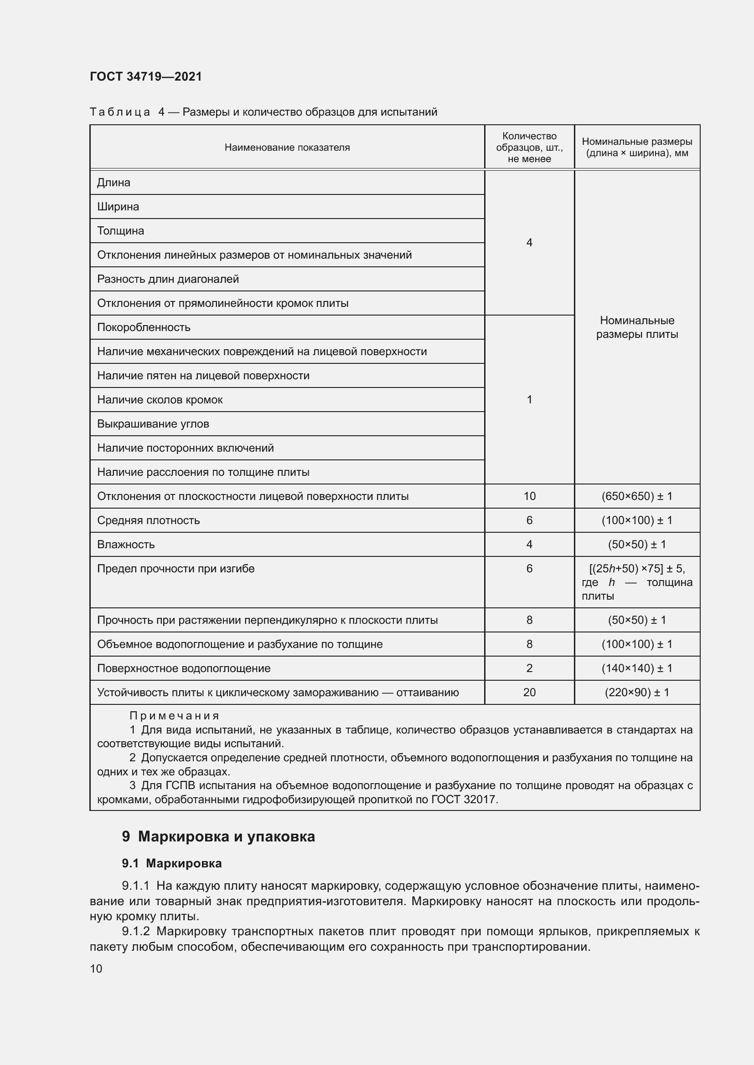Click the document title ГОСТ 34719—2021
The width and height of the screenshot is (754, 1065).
pos(146,76)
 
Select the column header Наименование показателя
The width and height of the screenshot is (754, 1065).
pos(287,148)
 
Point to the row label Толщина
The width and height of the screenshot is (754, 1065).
pos(121,231)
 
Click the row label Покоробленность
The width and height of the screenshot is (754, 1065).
pos(144,327)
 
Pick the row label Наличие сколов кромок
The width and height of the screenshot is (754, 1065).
pos(160,400)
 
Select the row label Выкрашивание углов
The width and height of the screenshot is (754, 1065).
pos(153,424)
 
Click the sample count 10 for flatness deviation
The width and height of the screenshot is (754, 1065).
pos(529,496)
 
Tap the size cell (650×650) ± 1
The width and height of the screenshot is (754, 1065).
pos(636,496)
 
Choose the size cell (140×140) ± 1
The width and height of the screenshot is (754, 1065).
pos(636,668)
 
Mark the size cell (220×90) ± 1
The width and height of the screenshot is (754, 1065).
pos(636,693)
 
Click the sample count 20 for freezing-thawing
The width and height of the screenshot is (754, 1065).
pos(529,693)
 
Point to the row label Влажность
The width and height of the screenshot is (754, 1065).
pos(126,545)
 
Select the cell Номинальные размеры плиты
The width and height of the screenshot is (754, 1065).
pos(636,327)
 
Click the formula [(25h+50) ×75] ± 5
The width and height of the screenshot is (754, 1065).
pos(636,569)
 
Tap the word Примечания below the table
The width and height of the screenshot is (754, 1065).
pos(174,716)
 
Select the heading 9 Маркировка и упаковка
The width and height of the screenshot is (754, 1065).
pos(218,837)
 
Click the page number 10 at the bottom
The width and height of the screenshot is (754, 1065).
pos(96,969)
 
